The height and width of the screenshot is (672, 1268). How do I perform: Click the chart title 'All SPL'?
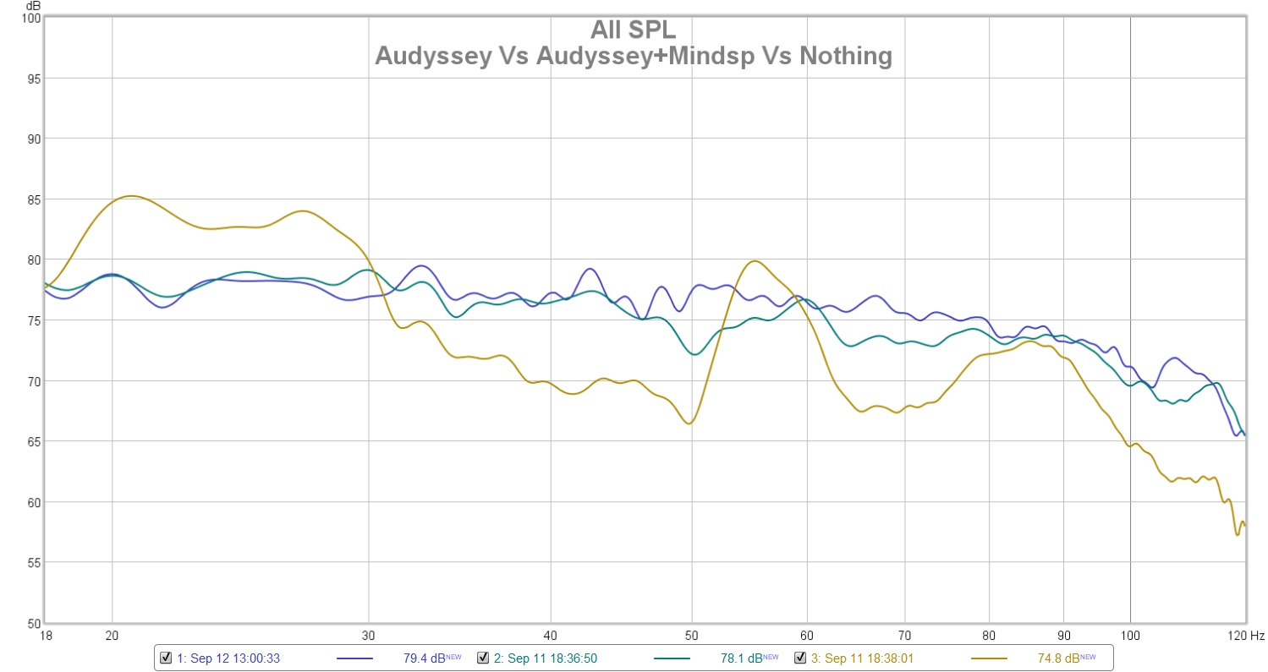point(633,30)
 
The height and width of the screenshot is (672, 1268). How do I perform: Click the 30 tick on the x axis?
point(368,634)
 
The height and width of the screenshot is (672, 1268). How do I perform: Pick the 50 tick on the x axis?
point(692,634)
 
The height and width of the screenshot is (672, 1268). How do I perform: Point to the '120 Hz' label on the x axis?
point(1247,634)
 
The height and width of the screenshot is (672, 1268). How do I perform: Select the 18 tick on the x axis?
point(44,634)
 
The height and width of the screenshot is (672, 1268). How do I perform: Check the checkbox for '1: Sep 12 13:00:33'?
point(166,658)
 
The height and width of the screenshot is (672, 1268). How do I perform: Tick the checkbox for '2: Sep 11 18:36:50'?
point(483,658)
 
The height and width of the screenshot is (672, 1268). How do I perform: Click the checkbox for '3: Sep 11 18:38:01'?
point(799,658)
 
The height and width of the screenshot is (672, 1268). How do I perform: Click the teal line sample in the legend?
point(672,658)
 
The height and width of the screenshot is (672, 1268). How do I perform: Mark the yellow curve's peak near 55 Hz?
point(754,261)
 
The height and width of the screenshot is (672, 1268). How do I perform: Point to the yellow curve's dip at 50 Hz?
point(689,423)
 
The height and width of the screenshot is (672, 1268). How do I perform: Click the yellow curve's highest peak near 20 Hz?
point(129,196)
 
